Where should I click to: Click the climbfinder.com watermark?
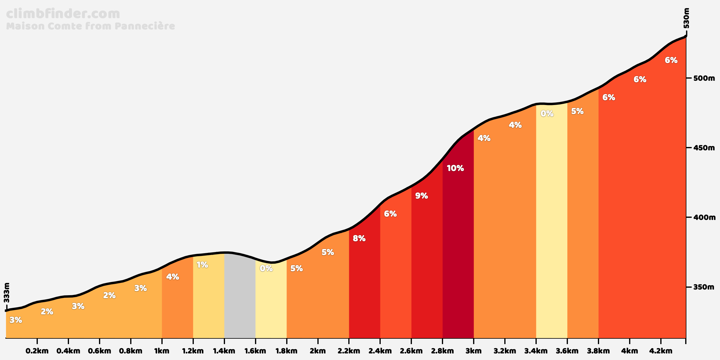[x=63, y=14]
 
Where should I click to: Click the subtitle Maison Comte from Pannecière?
[x=90, y=26]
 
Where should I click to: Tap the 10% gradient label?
[x=455, y=168]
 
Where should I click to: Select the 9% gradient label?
[x=421, y=196]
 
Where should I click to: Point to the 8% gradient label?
[x=359, y=238]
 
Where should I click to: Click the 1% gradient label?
[x=202, y=265]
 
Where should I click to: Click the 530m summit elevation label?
[x=686, y=18]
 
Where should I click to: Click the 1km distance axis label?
[x=162, y=351]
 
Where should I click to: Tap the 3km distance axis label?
[x=473, y=351]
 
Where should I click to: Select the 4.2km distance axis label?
[x=660, y=351]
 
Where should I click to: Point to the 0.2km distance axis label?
[x=37, y=351]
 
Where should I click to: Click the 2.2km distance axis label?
[x=349, y=351]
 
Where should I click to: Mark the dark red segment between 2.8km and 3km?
[x=458, y=255]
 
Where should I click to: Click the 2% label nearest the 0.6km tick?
[x=109, y=295]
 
